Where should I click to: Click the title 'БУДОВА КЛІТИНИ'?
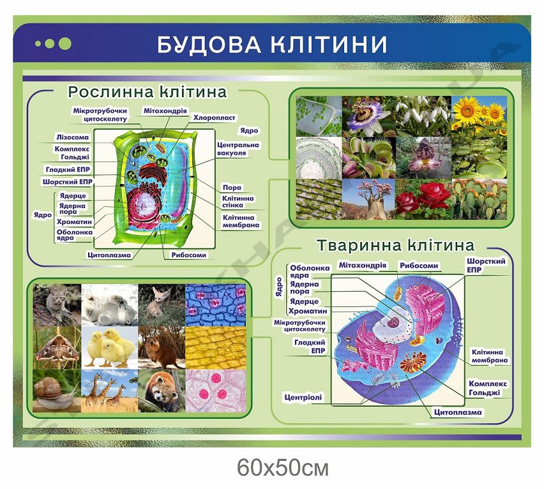pyautogui.click(x=272, y=45)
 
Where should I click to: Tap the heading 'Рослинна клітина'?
pyautogui.click(x=147, y=92)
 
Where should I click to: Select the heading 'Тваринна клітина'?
pyautogui.click(x=395, y=245)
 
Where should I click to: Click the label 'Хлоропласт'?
pyautogui.click(x=214, y=118)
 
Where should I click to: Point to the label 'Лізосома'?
pyautogui.click(x=73, y=137)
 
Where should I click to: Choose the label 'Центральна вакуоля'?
pyautogui.click(x=238, y=149)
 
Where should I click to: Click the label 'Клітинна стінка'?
pyautogui.click(x=238, y=202)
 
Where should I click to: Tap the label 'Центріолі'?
pyautogui.click(x=303, y=398)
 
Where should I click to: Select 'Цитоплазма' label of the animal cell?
pyautogui.click(x=458, y=412)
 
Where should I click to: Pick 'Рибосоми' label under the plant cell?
pyautogui.click(x=189, y=255)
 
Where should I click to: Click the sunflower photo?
pyautogui.click(x=479, y=116)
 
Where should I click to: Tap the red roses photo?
pyautogui.click(x=423, y=199)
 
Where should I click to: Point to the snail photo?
pyautogui.click(x=57, y=391)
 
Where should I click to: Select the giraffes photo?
pyautogui.click(x=110, y=391)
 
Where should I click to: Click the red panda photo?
pyautogui.click(x=162, y=391)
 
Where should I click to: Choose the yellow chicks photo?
pyautogui.click(x=110, y=347)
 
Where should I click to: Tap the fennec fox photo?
pyautogui.click(x=162, y=305)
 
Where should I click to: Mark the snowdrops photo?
pyautogui.click(x=423, y=116)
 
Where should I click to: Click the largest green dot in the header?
pyautogui.click(x=65, y=43)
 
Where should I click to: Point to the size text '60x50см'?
pyautogui.click(x=283, y=468)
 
